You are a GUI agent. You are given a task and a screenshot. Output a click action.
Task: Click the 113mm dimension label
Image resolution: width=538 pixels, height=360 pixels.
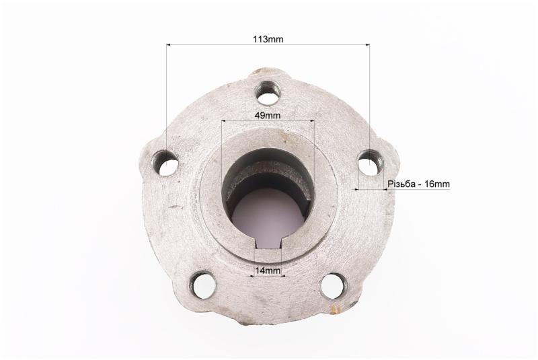[x=268, y=39]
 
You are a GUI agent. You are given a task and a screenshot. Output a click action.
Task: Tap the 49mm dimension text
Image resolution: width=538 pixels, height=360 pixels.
[x=267, y=115]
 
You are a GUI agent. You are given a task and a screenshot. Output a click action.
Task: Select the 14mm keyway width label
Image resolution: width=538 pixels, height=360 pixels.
[x=268, y=271]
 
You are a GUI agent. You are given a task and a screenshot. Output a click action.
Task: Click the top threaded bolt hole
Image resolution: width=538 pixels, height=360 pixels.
[x=268, y=93]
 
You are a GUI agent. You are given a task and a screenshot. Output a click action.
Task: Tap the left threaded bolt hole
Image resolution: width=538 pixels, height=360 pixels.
[x=166, y=163]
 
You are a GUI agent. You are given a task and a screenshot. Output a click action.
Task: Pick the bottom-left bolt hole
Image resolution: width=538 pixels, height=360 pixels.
[x=204, y=285]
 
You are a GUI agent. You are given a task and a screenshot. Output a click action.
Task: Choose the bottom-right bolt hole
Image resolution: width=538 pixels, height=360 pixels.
[x=334, y=285]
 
